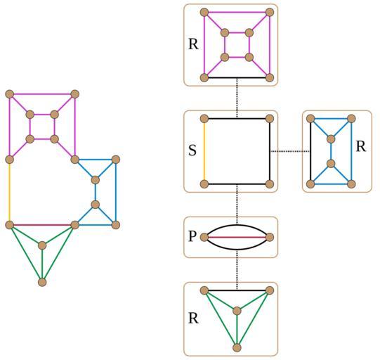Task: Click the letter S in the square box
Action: (192, 150)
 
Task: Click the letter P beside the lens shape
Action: (192, 236)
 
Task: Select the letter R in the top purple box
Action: (193, 44)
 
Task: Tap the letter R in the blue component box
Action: (361, 146)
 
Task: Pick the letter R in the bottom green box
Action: (193, 319)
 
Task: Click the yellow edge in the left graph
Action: (9, 192)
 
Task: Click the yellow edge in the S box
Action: (204, 151)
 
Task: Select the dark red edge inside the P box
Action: (237, 237)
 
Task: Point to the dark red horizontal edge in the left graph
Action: (42, 225)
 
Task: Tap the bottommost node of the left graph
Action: (42, 283)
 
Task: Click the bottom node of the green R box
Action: (237, 347)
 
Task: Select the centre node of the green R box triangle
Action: (237, 311)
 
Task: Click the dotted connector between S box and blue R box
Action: (290, 151)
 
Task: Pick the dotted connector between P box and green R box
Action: (237, 270)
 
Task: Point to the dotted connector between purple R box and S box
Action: (237, 98)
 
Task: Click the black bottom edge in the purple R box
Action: (237, 78)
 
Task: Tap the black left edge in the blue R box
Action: (310, 151)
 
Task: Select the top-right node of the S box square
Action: (270, 119)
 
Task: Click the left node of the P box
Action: (204, 237)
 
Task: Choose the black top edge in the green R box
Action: (237, 290)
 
